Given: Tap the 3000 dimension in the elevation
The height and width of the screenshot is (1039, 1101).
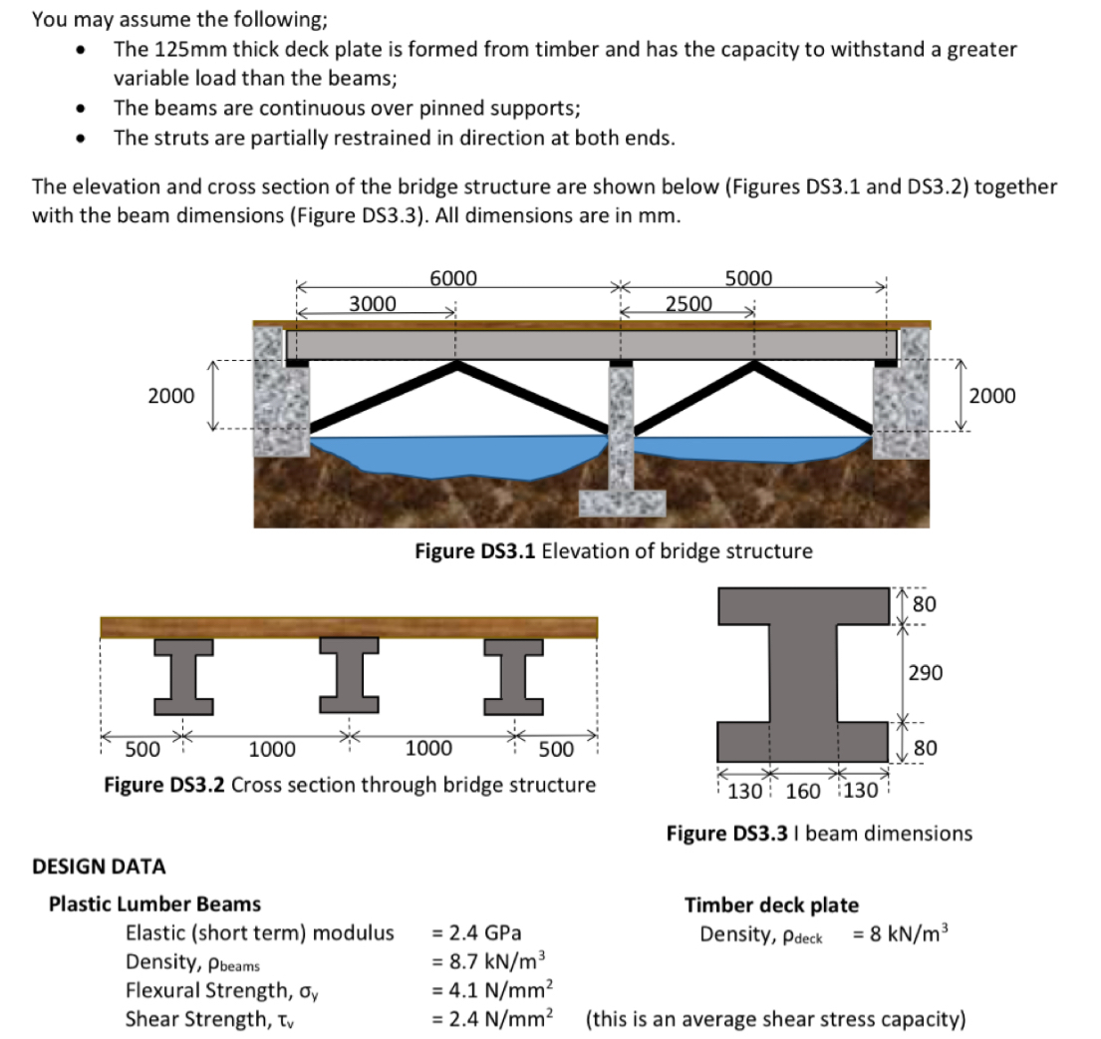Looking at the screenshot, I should (x=372, y=303).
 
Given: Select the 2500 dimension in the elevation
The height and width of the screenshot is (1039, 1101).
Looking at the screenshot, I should (x=688, y=303).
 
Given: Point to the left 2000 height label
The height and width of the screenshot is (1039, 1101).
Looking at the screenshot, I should (x=170, y=396).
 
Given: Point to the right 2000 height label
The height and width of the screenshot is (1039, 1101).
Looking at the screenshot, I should (x=991, y=396).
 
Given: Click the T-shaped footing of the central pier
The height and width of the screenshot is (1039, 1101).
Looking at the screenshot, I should (x=623, y=502).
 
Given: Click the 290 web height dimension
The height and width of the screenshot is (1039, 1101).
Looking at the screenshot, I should (x=925, y=673).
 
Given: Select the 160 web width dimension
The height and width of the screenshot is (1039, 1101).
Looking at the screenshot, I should (x=803, y=792).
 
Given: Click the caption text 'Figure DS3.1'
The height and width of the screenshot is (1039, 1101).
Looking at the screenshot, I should (x=475, y=550).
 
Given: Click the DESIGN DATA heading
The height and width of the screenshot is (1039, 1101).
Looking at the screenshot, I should (x=99, y=866).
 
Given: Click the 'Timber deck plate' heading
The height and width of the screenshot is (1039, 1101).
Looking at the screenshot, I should (x=770, y=905).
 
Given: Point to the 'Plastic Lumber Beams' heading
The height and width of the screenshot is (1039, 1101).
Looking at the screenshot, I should (x=154, y=904).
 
